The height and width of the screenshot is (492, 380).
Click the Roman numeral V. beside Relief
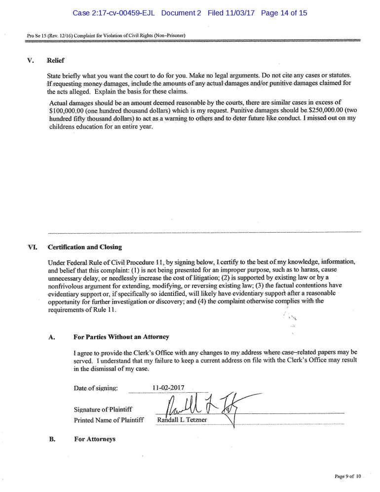pyautogui.click(x=30, y=61)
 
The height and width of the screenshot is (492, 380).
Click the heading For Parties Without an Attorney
pyautogui.click(x=121, y=337)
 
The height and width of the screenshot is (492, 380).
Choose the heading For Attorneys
pyautogui.click(x=94, y=438)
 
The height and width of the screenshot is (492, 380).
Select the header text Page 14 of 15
pyautogui.click(x=284, y=13)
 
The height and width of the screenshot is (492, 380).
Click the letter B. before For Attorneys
pyautogui.click(x=51, y=438)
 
